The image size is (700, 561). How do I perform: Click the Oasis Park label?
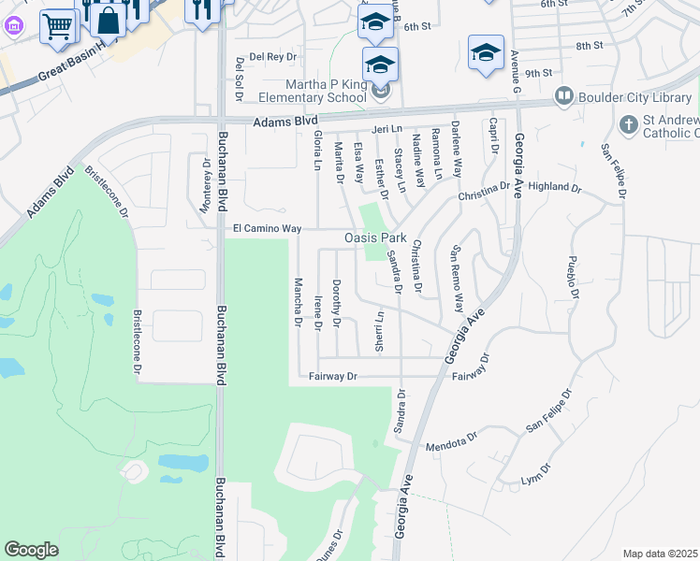coord(375,238)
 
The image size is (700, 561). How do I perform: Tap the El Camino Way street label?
coord(267,228)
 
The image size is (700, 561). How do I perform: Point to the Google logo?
coord(32,550)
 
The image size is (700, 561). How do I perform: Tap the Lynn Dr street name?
coord(532,480)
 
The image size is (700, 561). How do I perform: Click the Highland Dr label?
coord(555,188)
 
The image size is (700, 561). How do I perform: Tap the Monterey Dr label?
coord(206,185)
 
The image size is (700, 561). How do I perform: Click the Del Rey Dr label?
coord(272,56)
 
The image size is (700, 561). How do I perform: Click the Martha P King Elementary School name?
coord(314,90)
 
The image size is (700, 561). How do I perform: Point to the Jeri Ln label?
coord(386,128)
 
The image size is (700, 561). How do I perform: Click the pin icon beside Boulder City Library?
coord(563,95)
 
